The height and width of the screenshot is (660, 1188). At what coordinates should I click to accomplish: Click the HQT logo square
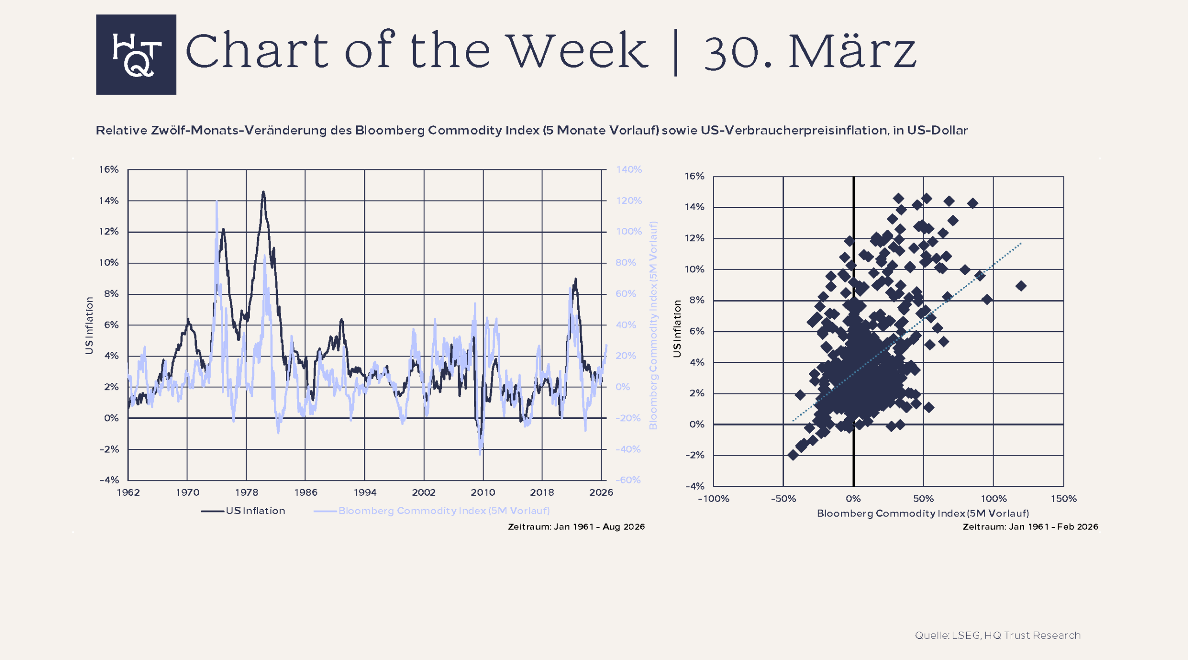(x=136, y=54)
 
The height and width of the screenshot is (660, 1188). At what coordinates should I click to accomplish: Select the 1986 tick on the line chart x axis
(x=306, y=492)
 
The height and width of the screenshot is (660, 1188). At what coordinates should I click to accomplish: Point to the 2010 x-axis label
(x=483, y=492)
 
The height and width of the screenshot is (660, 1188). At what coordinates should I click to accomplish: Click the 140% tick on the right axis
(x=629, y=170)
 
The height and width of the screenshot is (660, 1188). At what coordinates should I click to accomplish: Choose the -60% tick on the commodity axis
(x=628, y=480)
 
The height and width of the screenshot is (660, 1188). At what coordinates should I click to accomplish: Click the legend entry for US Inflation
(x=255, y=511)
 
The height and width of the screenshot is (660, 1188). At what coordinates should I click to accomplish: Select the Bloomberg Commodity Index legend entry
(x=443, y=511)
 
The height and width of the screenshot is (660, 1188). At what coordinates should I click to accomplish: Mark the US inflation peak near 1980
(x=263, y=192)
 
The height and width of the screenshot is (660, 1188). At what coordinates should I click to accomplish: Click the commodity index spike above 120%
(x=217, y=201)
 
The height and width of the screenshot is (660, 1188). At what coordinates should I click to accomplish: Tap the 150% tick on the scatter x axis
(x=1063, y=499)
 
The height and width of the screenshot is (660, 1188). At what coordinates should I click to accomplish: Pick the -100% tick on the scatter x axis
(x=713, y=499)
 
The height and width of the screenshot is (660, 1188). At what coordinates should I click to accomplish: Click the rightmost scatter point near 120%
(x=1020, y=286)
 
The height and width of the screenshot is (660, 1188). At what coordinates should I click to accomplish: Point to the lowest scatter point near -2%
(x=793, y=455)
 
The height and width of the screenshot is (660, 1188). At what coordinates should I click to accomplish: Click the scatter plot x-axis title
(x=923, y=513)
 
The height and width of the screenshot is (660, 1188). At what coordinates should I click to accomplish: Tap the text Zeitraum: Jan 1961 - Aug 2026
(x=576, y=527)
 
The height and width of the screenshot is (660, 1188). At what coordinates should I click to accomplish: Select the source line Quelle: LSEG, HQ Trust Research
(x=997, y=635)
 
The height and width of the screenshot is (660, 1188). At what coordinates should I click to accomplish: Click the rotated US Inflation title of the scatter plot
(x=677, y=329)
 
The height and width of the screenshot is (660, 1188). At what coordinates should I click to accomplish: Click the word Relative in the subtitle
(x=121, y=130)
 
